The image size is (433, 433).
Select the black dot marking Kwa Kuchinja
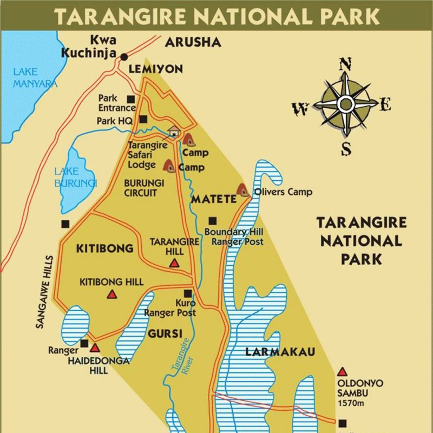pos(124,56)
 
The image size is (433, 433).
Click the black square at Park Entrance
pos(131,99)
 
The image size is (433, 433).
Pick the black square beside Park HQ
pos(143,119)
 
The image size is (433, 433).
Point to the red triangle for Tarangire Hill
pos(174,263)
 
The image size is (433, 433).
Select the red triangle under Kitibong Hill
pos(111,294)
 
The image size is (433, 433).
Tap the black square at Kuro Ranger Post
pos(187,293)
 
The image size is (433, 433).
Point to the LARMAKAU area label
pos(280,352)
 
